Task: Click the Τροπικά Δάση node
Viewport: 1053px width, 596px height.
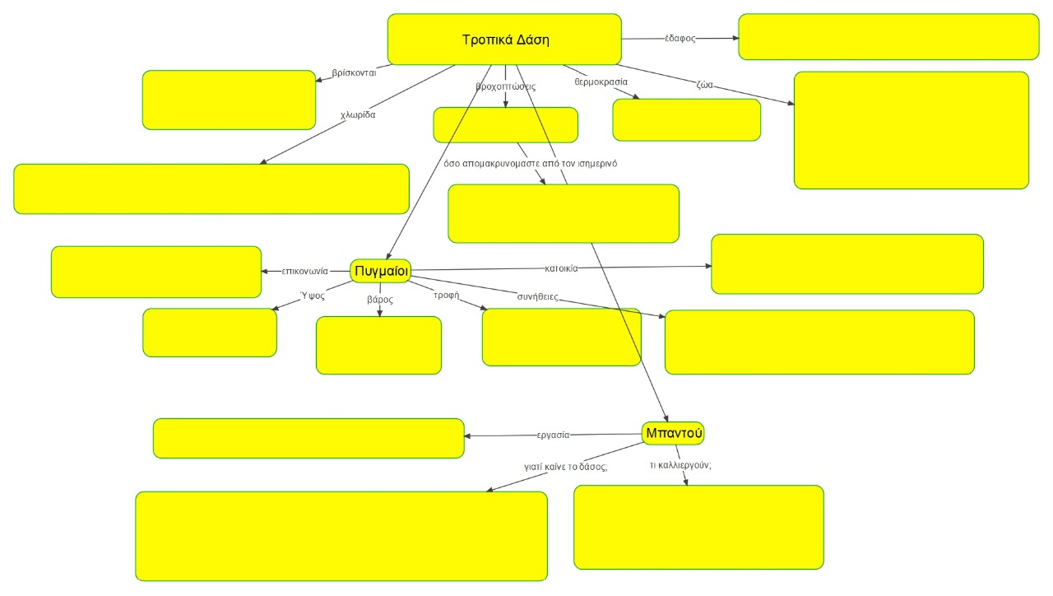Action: (x=504, y=40)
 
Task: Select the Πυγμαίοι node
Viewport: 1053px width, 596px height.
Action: (x=381, y=270)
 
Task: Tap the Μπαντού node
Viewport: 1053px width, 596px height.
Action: (x=673, y=433)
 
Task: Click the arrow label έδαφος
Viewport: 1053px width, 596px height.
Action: (x=680, y=39)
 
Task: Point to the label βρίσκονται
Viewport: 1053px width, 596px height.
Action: (x=354, y=72)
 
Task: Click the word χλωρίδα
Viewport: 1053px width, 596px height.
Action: (x=358, y=115)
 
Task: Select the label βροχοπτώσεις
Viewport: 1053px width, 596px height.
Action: (x=506, y=86)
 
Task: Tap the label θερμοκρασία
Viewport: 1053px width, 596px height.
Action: (x=601, y=82)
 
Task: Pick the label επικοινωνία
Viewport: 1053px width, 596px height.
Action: (x=304, y=271)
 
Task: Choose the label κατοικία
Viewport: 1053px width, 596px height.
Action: (x=561, y=268)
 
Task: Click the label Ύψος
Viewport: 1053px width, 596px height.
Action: (x=313, y=296)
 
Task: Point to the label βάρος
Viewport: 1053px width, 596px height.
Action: (x=379, y=300)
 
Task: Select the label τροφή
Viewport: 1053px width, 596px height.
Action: (x=446, y=295)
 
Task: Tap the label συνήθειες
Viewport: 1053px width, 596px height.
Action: (x=537, y=296)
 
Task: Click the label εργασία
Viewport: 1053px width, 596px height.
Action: (x=553, y=435)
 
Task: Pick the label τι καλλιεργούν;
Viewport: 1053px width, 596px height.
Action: (x=680, y=465)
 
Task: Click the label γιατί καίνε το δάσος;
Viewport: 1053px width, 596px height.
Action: (x=566, y=466)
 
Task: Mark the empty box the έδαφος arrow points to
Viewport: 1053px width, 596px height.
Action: (x=888, y=37)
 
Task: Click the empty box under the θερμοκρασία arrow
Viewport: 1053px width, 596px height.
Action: (x=686, y=120)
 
